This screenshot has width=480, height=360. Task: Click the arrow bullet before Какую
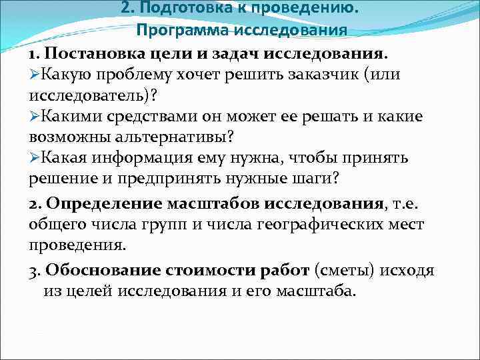pos(35,73)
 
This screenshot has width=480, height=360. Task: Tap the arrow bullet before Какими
pos(35,116)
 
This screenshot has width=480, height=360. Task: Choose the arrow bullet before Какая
pos(35,159)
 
